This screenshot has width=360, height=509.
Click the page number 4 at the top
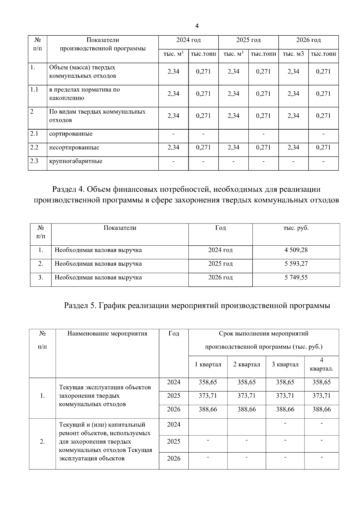[197, 26]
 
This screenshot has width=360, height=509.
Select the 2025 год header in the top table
[248, 40]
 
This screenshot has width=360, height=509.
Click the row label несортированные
[74, 148]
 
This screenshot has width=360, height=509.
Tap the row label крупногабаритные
[76, 161]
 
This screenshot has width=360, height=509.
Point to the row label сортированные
[71, 134]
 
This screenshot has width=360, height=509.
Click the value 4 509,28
[296, 250]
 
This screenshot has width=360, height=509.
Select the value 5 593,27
[296, 264]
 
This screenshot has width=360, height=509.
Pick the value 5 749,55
[296, 277]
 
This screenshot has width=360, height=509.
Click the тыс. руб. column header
[296, 228]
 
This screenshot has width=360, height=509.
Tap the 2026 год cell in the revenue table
[220, 277]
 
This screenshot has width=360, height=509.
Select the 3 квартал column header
[285, 364]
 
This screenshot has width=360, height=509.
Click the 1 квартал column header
[208, 364]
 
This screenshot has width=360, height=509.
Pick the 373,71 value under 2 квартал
[246, 396]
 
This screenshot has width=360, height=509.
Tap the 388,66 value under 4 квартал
[321, 409]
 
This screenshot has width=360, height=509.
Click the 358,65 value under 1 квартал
[208, 382]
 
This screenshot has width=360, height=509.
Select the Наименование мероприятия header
[107, 334]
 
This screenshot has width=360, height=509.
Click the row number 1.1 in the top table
[34, 89]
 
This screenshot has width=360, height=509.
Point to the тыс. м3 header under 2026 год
[293, 54]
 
